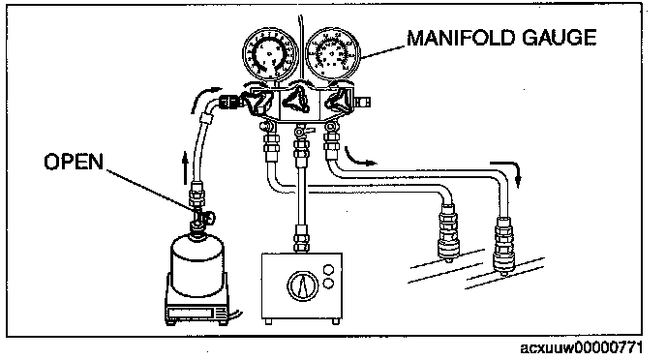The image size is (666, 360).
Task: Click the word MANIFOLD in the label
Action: (x=461, y=38)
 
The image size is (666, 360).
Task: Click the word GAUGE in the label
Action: (x=559, y=38)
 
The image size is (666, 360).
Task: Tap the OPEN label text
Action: (x=74, y=162)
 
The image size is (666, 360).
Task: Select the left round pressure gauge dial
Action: (x=270, y=53)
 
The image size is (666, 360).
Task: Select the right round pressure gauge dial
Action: (x=333, y=51)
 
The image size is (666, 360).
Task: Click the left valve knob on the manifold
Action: (x=257, y=101)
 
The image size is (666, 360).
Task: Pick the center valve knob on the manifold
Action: (x=297, y=100)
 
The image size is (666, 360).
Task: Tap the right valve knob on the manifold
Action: (x=340, y=101)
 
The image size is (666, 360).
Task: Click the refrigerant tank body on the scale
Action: (x=197, y=265)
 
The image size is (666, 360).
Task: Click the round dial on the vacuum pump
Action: (x=302, y=285)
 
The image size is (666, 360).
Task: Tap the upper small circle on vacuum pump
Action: (x=328, y=270)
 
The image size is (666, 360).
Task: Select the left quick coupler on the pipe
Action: (x=447, y=232)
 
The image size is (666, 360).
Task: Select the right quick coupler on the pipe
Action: (x=503, y=245)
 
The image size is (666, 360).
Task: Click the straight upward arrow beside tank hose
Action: (x=185, y=168)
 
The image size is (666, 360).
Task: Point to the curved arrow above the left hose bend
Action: (x=204, y=97)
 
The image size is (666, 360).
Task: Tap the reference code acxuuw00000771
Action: (x=581, y=348)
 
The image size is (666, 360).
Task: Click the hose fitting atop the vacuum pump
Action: (x=301, y=239)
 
